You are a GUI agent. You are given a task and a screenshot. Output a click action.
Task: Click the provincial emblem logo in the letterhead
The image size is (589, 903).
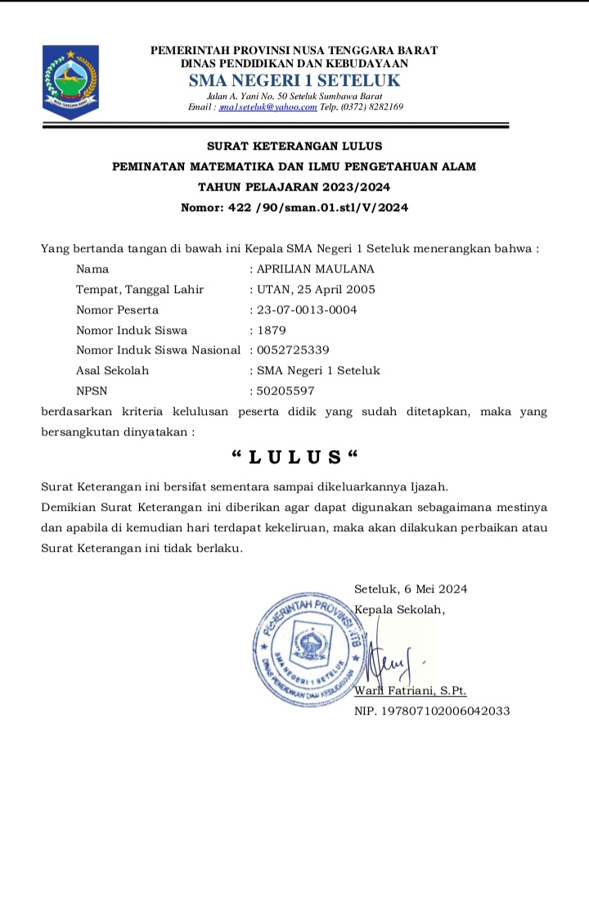(x=70, y=80)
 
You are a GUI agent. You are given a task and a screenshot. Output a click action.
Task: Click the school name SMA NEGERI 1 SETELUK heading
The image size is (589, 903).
(x=294, y=80)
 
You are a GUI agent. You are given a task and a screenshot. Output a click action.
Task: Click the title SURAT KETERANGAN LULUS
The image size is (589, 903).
(x=294, y=147)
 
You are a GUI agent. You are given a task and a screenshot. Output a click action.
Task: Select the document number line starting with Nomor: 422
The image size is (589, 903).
(x=294, y=208)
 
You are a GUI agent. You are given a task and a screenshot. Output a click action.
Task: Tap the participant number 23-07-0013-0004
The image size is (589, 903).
(x=307, y=309)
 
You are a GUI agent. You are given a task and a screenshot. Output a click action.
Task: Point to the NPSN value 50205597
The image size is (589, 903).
(x=286, y=391)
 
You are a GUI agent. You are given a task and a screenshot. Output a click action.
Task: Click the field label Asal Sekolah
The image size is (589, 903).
(x=112, y=371)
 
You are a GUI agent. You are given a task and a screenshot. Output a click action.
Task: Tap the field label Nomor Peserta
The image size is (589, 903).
(x=117, y=309)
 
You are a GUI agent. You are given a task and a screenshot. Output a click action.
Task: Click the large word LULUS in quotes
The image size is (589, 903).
(x=294, y=456)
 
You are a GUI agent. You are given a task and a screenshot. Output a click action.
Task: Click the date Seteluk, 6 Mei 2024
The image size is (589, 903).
(x=411, y=589)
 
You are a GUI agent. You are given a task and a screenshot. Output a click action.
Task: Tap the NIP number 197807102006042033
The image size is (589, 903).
(x=432, y=711)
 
